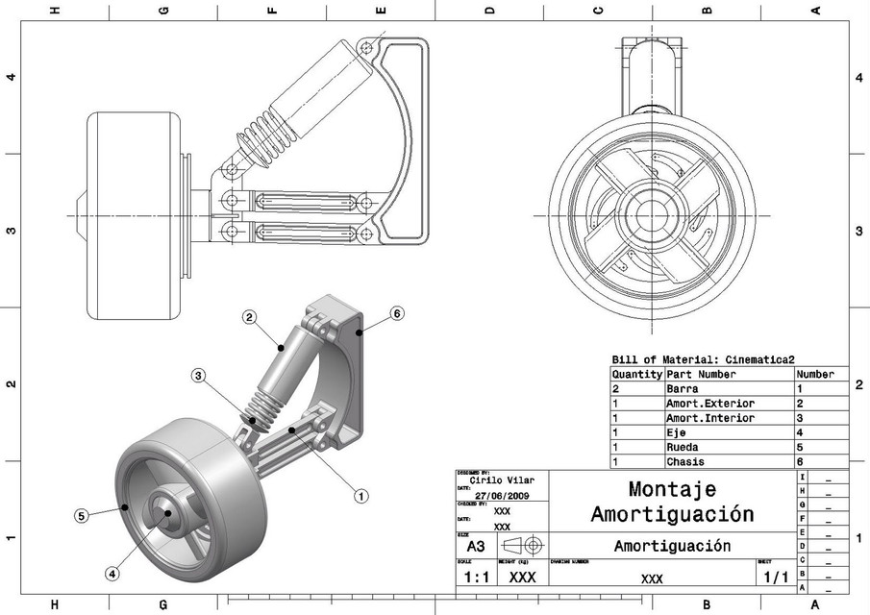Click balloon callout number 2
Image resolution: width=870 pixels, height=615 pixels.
point(248,317)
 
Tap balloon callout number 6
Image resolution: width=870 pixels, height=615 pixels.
point(396,313)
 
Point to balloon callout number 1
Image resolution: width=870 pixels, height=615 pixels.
point(361,496)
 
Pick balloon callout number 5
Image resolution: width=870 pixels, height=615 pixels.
point(82,515)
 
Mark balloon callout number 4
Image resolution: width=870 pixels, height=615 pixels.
point(112,574)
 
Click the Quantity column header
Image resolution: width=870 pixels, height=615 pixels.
point(636,374)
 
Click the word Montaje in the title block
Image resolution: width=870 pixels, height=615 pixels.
point(672,489)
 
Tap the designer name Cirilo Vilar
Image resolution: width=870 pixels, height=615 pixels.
point(502,480)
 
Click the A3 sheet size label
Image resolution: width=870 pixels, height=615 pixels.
point(475,546)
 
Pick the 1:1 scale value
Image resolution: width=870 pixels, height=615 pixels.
point(474,578)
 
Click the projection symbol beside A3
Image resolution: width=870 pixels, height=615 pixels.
point(522,545)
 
